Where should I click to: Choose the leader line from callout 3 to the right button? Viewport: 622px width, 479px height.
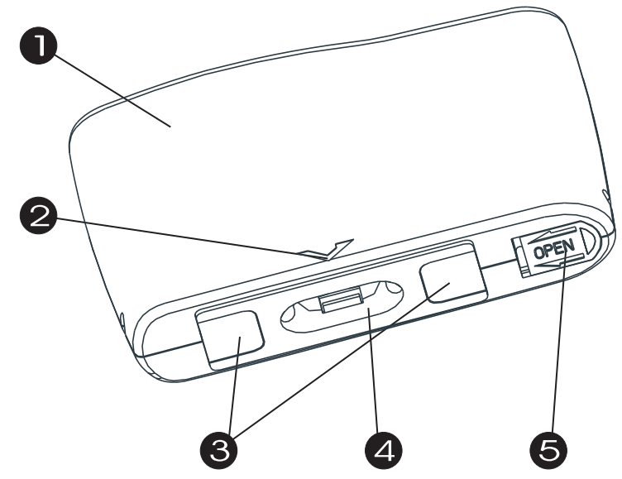(347, 364)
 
